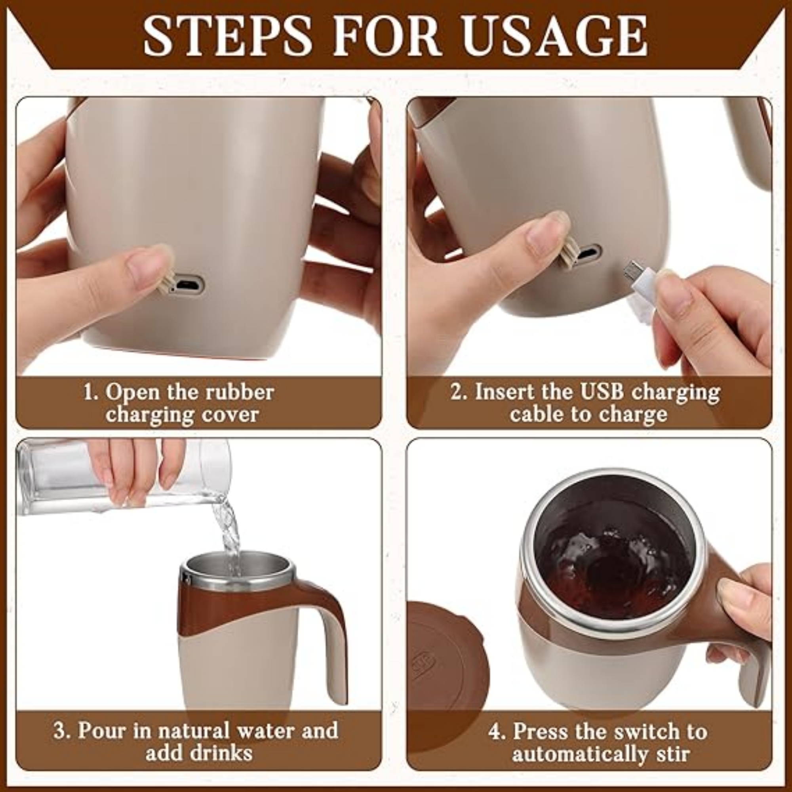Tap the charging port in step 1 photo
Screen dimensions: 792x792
186,284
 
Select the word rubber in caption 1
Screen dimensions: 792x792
240,392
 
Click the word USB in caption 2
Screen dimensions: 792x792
595,392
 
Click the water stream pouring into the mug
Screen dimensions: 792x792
228,533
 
